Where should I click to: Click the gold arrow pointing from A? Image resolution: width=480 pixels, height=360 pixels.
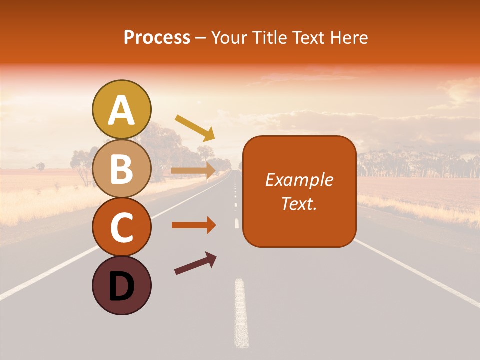195,127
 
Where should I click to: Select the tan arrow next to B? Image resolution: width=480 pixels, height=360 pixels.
194,170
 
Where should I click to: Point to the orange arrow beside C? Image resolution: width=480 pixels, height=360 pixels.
194,225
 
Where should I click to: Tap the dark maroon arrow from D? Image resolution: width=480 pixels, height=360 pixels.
195,264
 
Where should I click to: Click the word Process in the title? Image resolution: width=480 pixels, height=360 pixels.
157,38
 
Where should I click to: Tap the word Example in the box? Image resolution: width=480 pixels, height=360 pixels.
299,180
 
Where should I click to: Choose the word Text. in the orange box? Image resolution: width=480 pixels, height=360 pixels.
299,203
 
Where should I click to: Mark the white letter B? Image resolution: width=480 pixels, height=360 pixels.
121,169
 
